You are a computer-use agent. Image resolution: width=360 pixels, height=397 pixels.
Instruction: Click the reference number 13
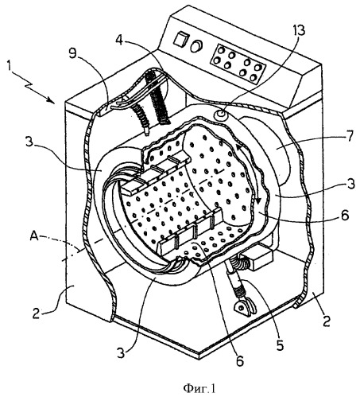297,30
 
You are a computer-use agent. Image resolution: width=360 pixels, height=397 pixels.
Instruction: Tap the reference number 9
72,53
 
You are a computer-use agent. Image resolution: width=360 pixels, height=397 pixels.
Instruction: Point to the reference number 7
350,136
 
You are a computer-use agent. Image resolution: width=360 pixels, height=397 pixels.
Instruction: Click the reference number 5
280,344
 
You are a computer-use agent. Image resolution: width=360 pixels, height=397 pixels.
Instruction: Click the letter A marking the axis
34,236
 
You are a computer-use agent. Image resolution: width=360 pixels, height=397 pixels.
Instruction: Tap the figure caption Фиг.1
199,388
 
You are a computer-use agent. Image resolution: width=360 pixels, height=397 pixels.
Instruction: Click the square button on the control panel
180,39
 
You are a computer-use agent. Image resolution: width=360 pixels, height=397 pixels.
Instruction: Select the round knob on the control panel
196,46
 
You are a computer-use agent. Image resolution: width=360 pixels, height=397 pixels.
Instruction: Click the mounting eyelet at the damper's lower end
242,307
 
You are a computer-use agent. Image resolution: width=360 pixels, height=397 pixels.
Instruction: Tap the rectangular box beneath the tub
257,259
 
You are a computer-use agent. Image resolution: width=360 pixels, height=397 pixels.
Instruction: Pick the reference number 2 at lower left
37,313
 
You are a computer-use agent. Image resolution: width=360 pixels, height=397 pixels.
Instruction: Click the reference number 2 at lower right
327,321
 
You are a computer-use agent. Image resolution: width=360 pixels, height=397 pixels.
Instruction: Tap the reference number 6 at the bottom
240,360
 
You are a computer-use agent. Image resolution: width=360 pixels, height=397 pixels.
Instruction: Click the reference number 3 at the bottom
121,352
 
